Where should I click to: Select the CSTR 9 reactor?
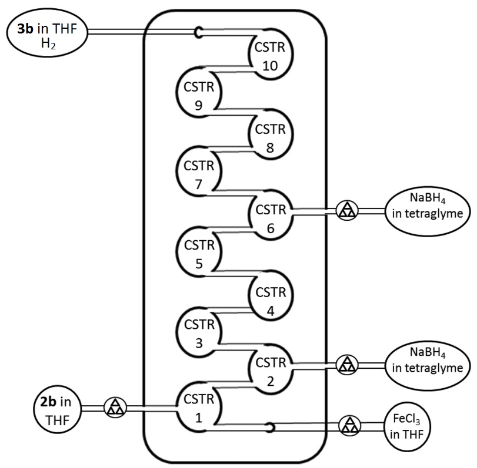[198, 95]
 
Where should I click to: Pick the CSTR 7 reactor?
[198, 174]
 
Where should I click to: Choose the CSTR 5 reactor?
[198, 254]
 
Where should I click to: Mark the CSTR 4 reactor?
[270, 299]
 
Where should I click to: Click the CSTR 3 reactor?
[198, 333]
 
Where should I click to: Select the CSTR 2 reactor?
[270, 371]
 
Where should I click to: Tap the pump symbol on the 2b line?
[112, 407]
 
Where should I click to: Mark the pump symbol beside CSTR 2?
[347, 365]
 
